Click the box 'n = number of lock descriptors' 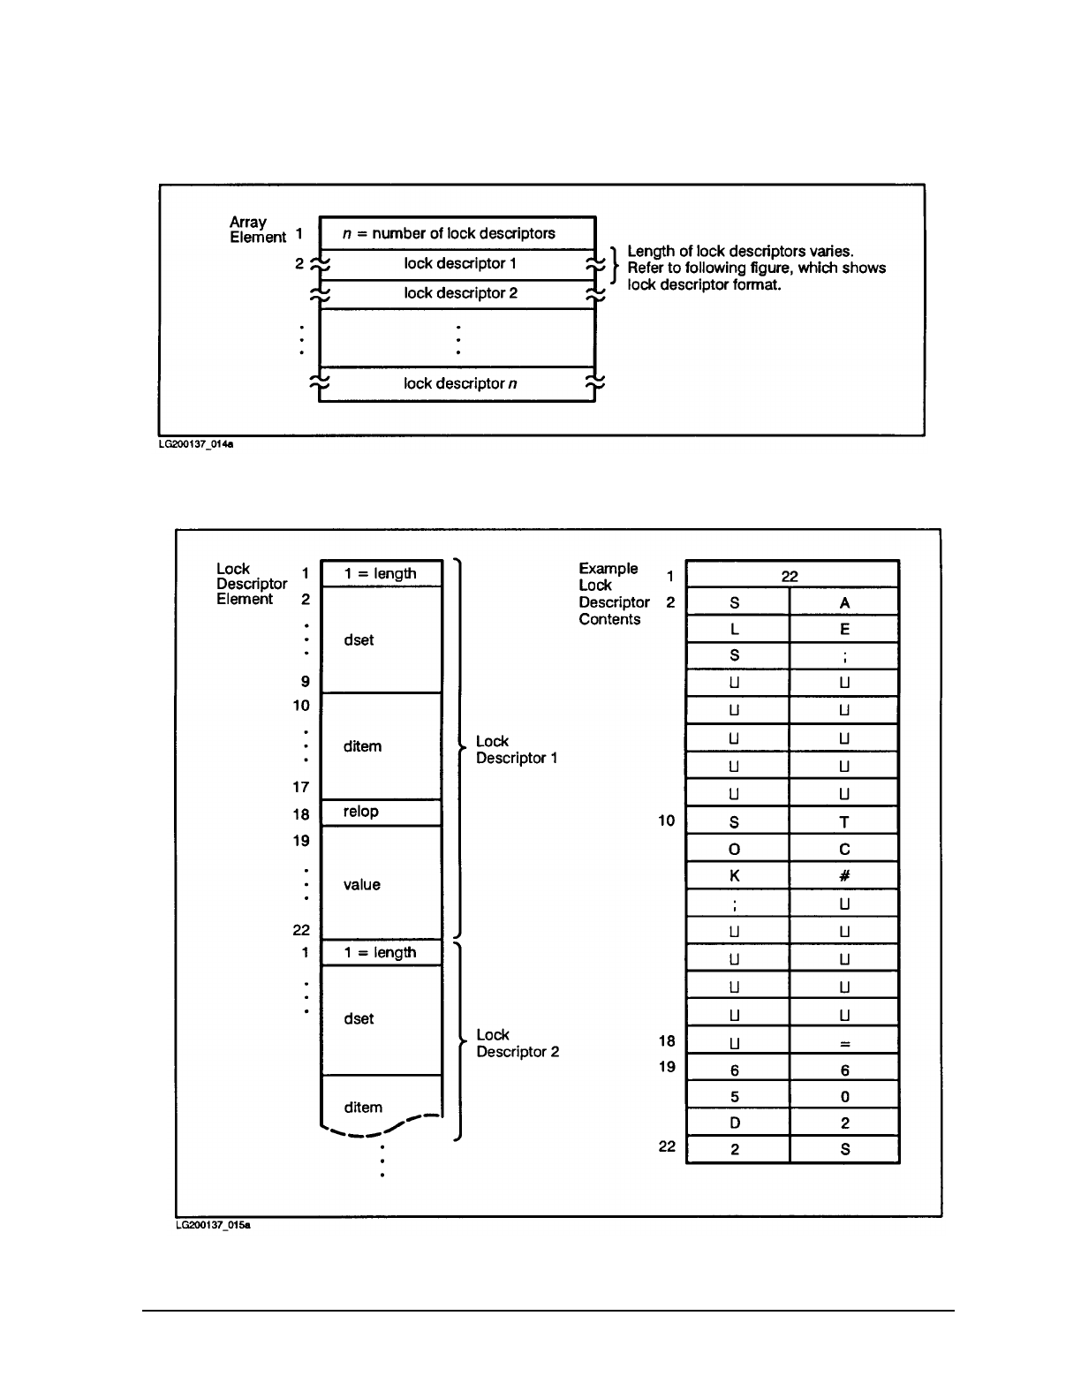tap(457, 233)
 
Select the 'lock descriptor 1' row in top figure tap(457, 264)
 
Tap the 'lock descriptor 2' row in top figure tap(457, 293)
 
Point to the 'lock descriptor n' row tap(457, 383)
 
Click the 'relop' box tap(381, 812)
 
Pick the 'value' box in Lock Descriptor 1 tap(381, 883)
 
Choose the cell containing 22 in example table tap(791, 576)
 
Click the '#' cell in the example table tap(844, 876)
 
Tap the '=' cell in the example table tap(844, 1043)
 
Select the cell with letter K tap(736, 876)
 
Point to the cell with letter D tap(736, 1123)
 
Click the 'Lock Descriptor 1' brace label tap(517, 750)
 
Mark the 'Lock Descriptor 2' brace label tap(518, 1043)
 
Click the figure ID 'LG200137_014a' tap(196, 445)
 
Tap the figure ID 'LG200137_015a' tap(213, 1226)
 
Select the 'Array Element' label tap(257, 230)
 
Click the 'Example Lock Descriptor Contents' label tap(614, 594)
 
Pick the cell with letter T tap(844, 822)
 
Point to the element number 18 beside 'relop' tap(301, 814)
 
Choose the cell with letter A tap(844, 602)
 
